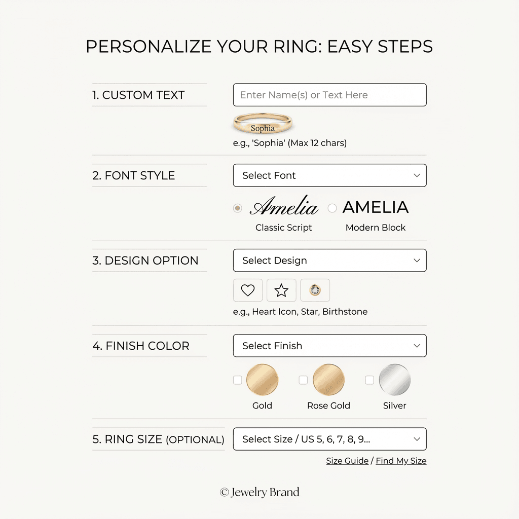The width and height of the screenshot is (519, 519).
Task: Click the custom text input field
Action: (329, 95)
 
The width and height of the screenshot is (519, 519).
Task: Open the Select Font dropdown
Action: (329, 175)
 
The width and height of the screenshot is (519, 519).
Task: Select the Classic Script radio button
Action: (237, 208)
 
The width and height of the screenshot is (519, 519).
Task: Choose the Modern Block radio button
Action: (332, 208)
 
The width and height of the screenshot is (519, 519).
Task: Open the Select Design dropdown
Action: (329, 261)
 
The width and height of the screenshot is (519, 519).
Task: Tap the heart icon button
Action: (248, 290)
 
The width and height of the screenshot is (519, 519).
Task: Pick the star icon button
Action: (281, 290)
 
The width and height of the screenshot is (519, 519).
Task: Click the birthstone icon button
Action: (315, 290)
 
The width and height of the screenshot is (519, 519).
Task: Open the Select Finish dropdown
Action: (329, 346)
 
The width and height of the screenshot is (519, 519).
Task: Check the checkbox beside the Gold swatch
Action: (237, 380)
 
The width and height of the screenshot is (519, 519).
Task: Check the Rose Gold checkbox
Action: (303, 380)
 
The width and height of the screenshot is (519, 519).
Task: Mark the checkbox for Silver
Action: (369, 380)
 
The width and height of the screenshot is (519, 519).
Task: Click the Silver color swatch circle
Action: (394, 380)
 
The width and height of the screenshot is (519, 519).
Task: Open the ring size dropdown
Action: (329, 439)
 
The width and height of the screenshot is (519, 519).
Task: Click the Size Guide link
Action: (347, 461)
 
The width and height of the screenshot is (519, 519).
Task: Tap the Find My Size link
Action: (401, 461)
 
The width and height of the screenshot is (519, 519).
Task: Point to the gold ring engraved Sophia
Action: (263, 124)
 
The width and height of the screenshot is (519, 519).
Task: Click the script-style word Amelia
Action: (284, 206)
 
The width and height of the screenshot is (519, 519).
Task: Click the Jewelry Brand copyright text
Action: (259, 492)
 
